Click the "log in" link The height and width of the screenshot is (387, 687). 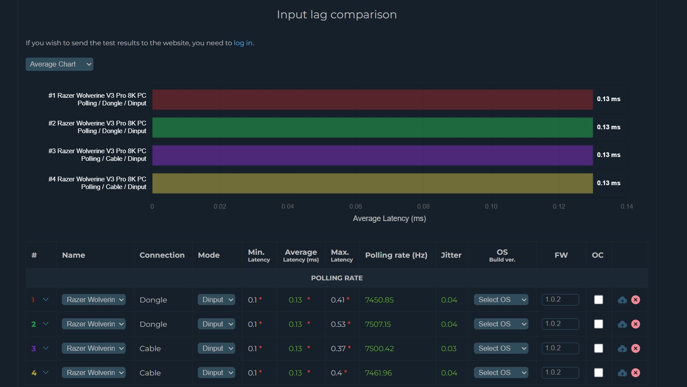point(243,43)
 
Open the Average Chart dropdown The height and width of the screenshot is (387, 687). point(59,64)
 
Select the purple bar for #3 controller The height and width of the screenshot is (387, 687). point(372,155)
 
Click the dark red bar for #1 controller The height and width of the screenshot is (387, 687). point(372,99)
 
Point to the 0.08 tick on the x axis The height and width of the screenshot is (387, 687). point(423,207)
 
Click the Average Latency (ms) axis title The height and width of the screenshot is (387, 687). point(389,218)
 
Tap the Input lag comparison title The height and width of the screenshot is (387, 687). point(337,15)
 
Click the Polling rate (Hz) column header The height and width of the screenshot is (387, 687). point(396,255)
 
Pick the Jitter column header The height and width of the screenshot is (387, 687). point(451,255)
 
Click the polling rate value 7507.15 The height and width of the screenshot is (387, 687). point(378,324)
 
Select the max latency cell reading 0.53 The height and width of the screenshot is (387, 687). point(338,324)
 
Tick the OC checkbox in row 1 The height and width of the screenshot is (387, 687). point(598,300)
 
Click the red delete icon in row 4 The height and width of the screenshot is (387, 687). point(635,373)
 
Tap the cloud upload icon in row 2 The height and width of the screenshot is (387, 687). point(622,324)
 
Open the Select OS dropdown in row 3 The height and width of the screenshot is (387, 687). point(501,349)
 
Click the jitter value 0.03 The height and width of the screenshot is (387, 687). point(449,349)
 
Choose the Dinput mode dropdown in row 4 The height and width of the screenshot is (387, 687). point(216,373)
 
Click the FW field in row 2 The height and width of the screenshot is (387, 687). point(560,324)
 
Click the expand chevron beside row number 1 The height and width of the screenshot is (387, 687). point(46,300)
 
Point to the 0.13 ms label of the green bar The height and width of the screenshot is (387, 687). point(608,127)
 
